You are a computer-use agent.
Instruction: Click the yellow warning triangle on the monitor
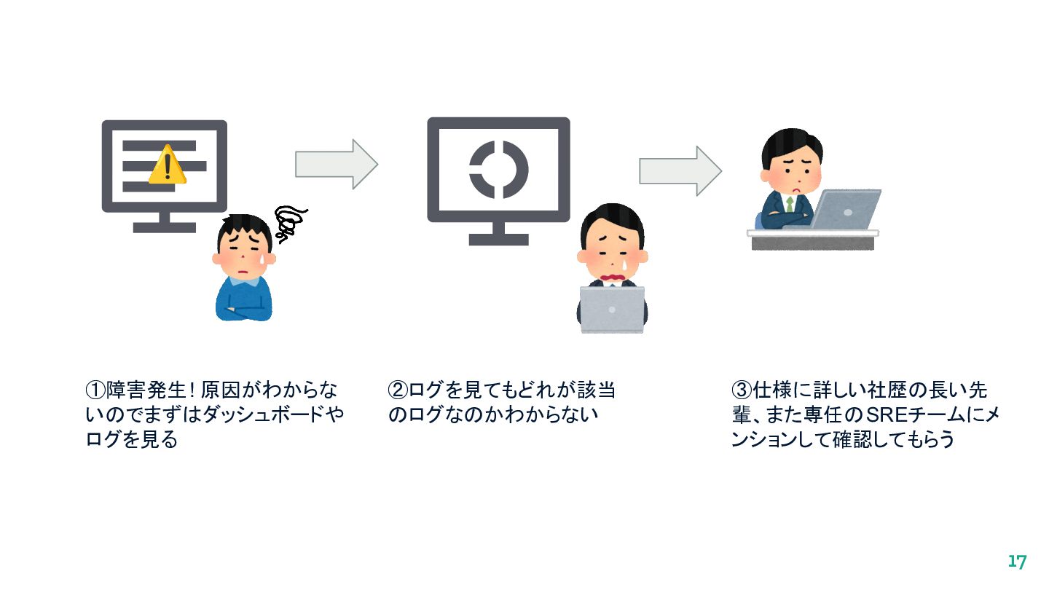(x=168, y=165)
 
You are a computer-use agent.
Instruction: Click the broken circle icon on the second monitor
(x=498, y=169)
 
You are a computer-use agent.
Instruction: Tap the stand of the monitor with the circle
(x=498, y=232)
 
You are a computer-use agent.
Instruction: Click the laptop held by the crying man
(x=612, y=309)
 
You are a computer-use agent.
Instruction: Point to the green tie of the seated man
(x=790, y=203)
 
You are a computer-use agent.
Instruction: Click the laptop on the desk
(x=846, y=209)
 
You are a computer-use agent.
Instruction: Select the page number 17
(x=1017, y=562)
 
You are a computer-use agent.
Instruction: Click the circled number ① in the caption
(x=95, y=390)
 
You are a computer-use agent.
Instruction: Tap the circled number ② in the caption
(x=398, y=390)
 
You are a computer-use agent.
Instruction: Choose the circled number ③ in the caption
(x=742, y=390)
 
